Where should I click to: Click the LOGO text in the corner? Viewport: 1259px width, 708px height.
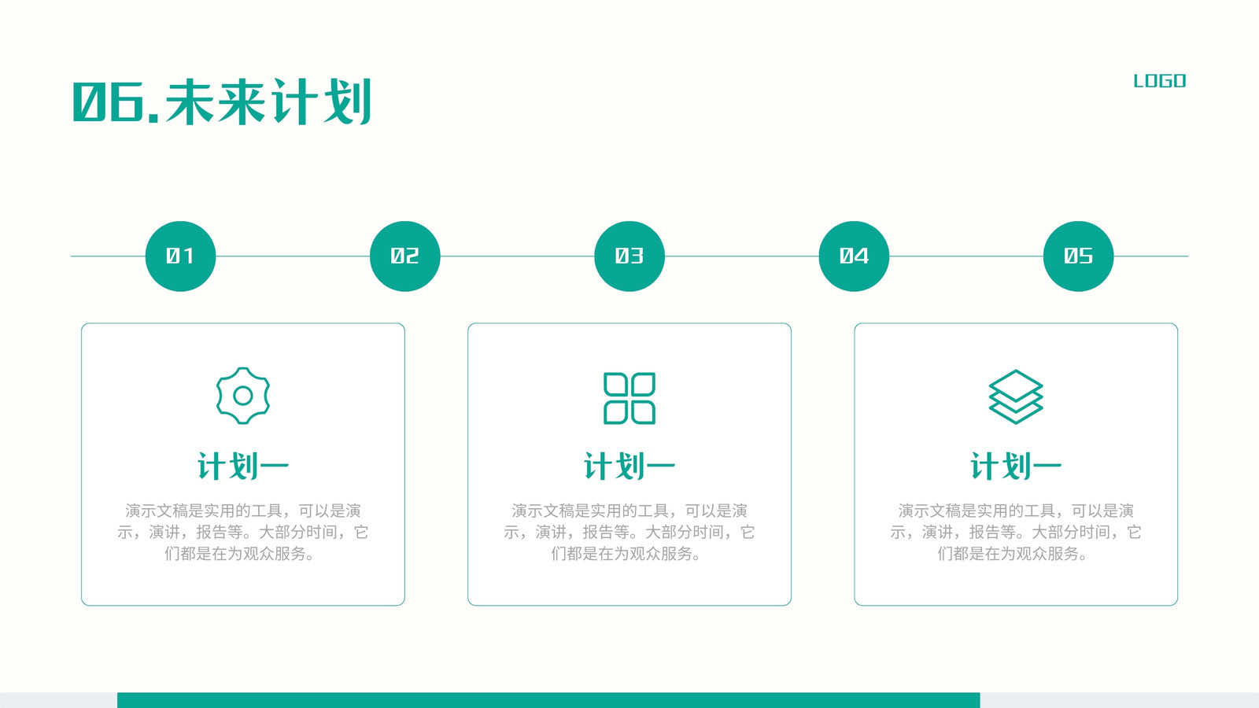click(1160, 81)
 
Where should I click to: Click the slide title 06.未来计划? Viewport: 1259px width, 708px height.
click(222, 101)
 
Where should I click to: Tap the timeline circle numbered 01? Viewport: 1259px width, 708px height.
click(180, 256)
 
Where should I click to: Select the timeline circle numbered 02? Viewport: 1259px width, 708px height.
click(404, 256)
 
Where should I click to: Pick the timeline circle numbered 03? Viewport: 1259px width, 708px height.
click(629, 256)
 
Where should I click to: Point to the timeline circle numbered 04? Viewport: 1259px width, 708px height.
click(854, 256)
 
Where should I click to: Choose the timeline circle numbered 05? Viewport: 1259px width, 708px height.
click(1078, 256)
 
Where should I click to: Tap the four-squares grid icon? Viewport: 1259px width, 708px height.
click(629, 398)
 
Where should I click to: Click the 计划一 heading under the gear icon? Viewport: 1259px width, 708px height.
click(243, 466)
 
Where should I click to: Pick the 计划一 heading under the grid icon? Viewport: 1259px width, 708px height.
click(629, 466)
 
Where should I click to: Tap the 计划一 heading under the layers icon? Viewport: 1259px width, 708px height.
click(1016, 466)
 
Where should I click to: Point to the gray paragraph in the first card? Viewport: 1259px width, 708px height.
click(243, 532)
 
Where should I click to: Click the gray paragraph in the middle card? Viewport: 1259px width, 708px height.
click(629, 532)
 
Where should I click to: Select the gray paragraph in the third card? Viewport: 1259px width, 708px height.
click(1016, 532)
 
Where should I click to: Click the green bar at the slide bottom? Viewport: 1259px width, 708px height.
click(548, 700)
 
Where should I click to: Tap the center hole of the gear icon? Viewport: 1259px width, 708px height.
click(243, 396)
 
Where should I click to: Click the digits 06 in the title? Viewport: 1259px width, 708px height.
click(109, 101)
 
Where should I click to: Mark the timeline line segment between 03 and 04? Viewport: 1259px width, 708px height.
click(742, 256)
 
